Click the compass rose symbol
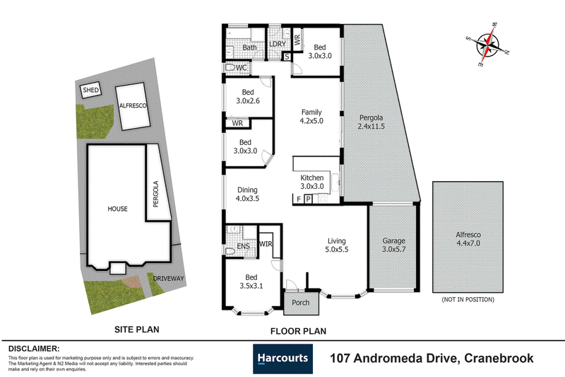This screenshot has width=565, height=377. pos(487,45)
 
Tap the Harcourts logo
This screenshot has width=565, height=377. pos(283,359)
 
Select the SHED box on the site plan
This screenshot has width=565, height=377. pos(90,90)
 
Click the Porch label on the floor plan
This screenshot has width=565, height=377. pos(301,303)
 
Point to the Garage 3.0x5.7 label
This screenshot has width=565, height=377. pos(394,245)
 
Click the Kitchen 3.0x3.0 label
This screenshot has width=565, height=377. pos(312,182)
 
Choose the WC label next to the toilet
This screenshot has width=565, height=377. pos(241,67)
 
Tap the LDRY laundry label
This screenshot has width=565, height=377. pos(278,44)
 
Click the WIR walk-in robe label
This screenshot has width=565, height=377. pos(266,244)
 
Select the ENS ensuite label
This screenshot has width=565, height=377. pos(243,246)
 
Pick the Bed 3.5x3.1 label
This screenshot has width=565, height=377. pos(251,282)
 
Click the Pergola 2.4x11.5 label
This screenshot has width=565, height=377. pos(371,122)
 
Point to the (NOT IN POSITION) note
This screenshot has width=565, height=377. pos(468,299)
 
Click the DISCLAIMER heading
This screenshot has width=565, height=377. pos(34,349)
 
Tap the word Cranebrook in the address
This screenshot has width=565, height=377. pos(499,358)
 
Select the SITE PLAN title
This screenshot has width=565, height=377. pos(136,330)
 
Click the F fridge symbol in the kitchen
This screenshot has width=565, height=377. pos(299,199)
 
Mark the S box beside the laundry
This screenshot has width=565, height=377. pos(287,57)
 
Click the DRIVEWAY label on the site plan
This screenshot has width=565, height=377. pos(168,279)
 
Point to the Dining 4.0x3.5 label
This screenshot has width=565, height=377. pos(248,194)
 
